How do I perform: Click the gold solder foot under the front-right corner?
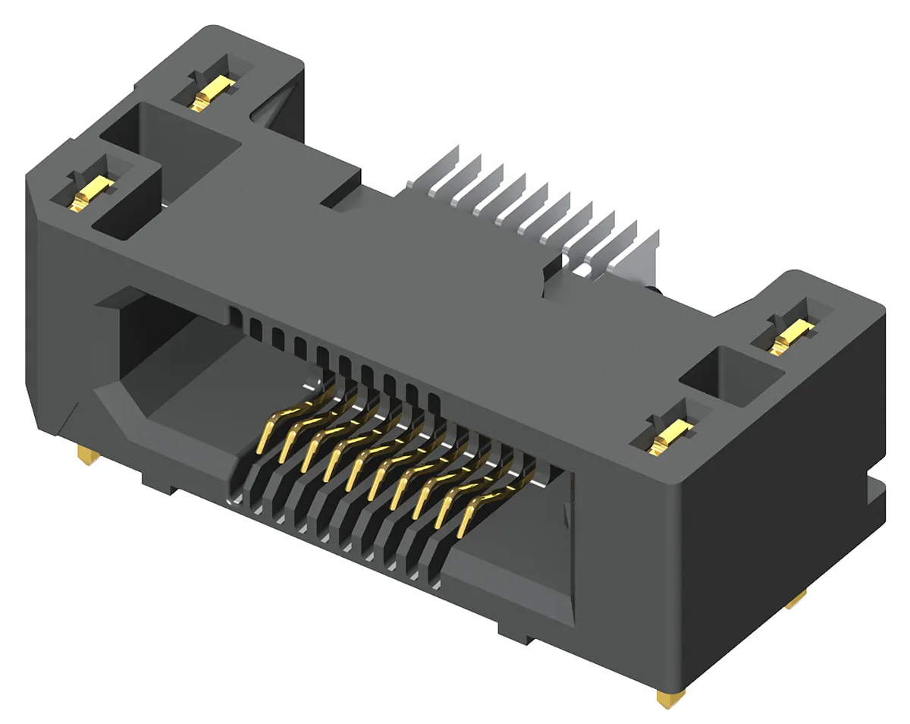tap(670, 696)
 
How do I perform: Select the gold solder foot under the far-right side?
tap(796, 602)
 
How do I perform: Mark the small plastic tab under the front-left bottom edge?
tap(159, 483)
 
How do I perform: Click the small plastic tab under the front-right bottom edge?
tap(516, 632)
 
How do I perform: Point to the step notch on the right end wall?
tap(876, 494)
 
